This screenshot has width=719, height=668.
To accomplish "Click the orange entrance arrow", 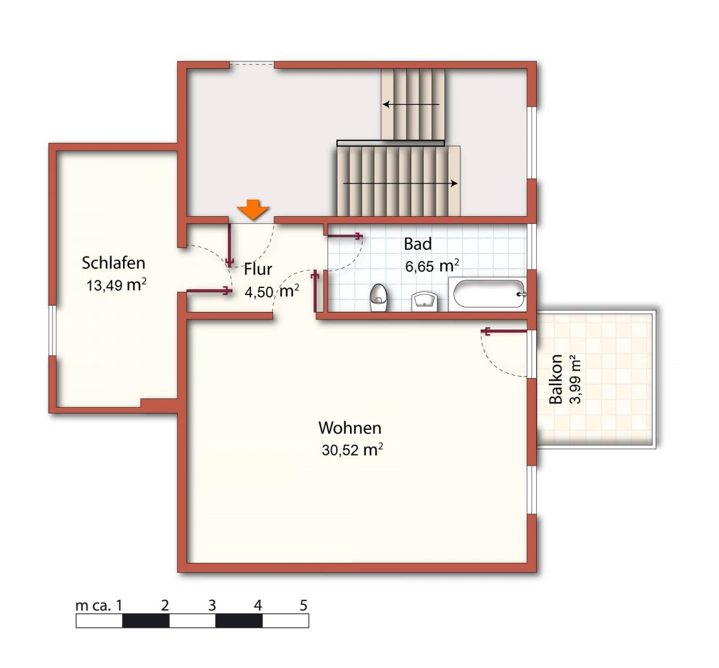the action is [253, 210].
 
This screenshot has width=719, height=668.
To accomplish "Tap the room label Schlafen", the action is [114, 263].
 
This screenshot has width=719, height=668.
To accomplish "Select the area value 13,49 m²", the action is [117, 284].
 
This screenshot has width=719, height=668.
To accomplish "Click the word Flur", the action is [258, 269].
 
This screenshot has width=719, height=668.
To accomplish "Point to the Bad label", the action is [418, 244].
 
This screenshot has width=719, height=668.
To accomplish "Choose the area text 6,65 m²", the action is [433, 265].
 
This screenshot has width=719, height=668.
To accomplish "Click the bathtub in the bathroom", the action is [489, 294].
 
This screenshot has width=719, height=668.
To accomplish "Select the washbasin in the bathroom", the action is [424, 301].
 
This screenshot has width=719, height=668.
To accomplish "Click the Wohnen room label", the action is [350, 427].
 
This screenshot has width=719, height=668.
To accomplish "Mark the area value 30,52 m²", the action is [352, 449].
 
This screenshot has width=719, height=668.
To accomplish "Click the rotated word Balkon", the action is [555, 379].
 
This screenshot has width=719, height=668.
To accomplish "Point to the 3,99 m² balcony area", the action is [575, 379].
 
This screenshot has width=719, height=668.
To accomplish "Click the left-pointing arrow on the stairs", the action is [411, 105].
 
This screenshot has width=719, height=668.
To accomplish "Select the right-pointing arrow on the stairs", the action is [400, 183].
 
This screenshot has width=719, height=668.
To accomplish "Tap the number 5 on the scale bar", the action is [303, 605].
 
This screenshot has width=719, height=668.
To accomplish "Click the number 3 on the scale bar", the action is [212, 605].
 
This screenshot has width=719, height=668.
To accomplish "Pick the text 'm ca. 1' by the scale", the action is [99, 605].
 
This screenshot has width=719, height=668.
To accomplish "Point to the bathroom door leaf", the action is [344, 236].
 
